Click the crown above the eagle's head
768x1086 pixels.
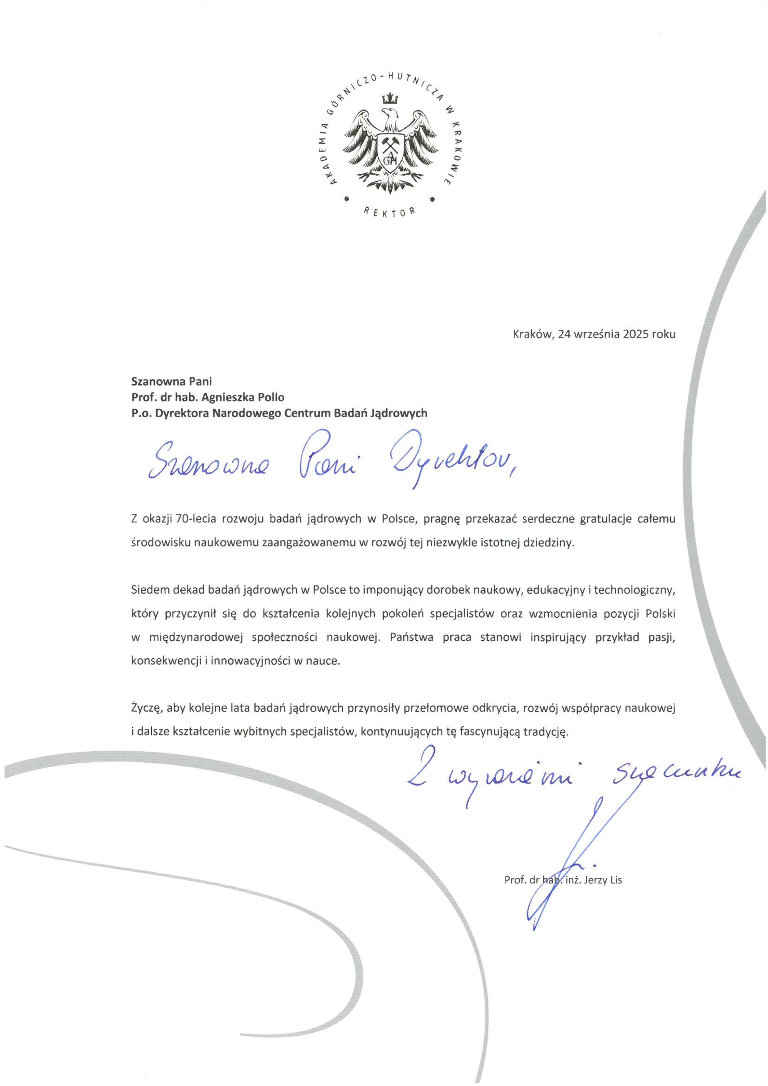390,98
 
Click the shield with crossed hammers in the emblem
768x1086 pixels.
390,150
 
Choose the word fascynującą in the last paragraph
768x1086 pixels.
496,732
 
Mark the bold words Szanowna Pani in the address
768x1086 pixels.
172,381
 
